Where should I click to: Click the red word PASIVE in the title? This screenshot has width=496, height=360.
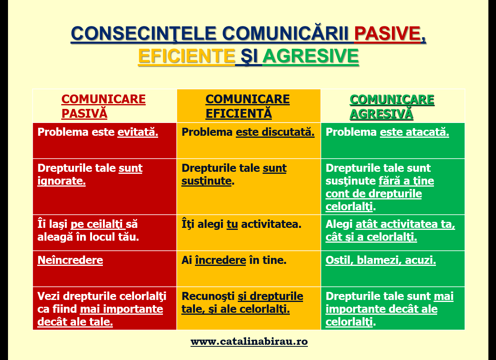tap(387, 34)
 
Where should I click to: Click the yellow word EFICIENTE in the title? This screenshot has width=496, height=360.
tap(187, 56)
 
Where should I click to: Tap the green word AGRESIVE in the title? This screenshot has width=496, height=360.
tap(310, 56)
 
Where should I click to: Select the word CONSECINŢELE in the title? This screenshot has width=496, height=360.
tap(143, 34)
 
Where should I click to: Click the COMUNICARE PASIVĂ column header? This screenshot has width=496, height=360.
tap(103, 107)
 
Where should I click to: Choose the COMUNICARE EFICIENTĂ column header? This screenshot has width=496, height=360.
tap(247, 107)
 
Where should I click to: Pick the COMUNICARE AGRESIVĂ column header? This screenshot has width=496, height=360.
tap(392, 107)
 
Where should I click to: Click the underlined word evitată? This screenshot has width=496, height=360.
tap(137, 132)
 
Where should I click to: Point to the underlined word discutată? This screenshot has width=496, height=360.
tap(288, 132)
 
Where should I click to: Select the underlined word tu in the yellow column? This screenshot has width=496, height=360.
tap(232, 224)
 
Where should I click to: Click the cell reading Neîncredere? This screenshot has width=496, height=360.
tap(70, 260)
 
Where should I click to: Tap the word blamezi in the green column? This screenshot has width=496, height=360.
tap(380, 260)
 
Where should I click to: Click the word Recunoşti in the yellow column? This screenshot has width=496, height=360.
tap(208, 297)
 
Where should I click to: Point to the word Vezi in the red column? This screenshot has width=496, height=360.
tap(48, 296)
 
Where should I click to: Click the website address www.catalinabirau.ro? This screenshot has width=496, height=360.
tap(249, 342)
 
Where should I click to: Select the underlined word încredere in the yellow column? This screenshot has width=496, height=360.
tap(220, 260)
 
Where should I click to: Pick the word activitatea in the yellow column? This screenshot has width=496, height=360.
tap(271, 224)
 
